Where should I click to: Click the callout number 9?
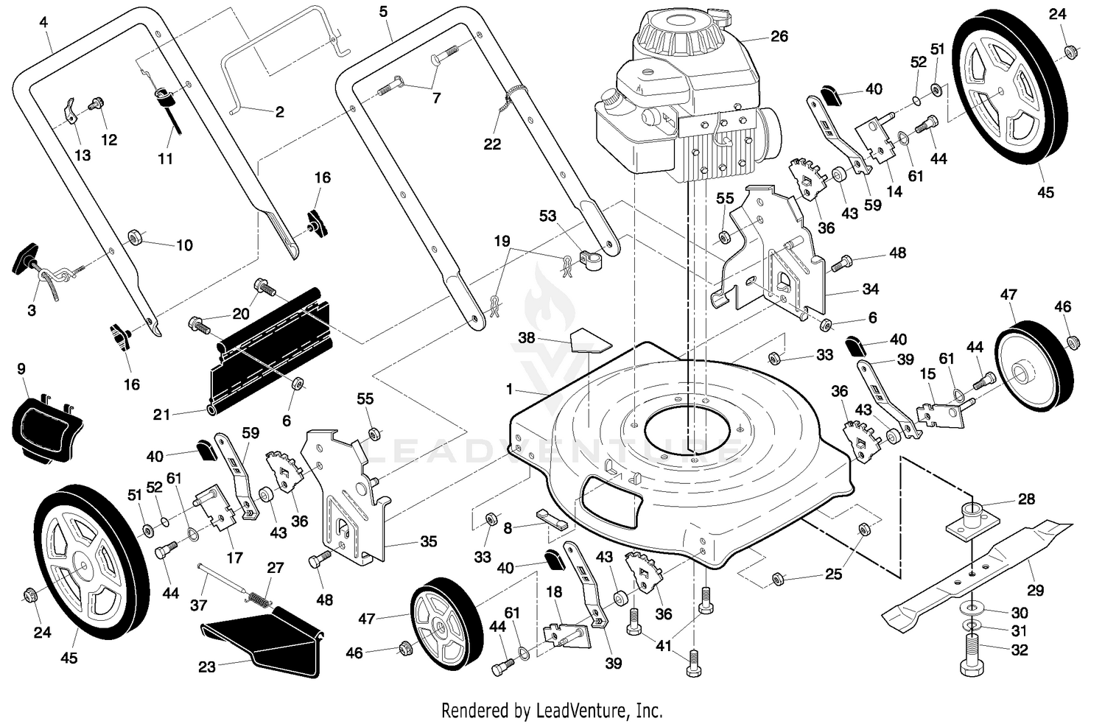[x=21, y=369]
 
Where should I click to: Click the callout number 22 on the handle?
[x=492, y=144]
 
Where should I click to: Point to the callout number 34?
[x=870, y=289]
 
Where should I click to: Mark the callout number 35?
[x=428, y=541]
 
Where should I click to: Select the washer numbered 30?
[x=971, y=608]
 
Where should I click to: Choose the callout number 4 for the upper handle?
[x=44, y=21]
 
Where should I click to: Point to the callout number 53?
[x=547, y=216]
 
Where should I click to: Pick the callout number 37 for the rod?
[x=199, y=605]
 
